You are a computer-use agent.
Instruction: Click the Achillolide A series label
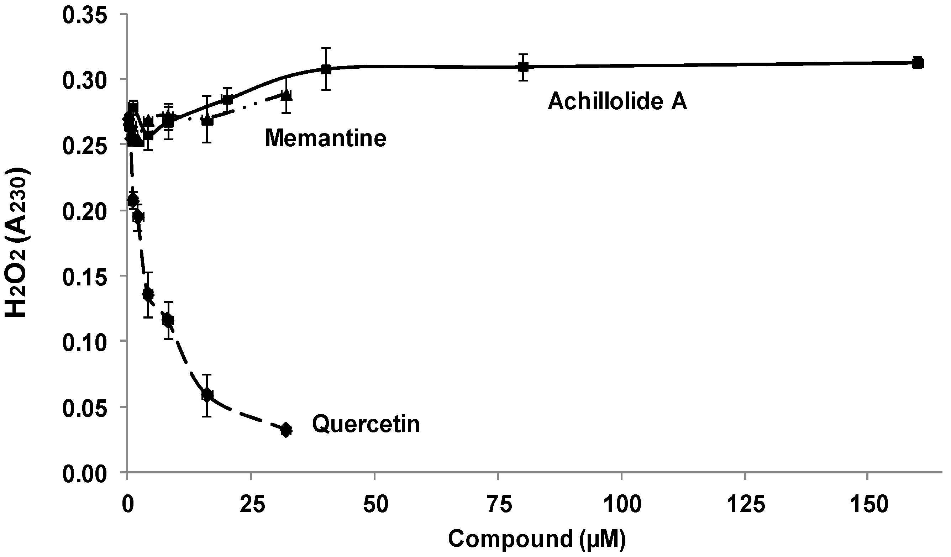click(x=617, y=101)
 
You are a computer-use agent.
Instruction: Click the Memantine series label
click(x=325, y=138)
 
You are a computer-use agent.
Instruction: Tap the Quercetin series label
click(x=366, y=424)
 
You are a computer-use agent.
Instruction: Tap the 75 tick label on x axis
click(x=498, y=505)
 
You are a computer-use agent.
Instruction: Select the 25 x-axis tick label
click(x=251, y=505)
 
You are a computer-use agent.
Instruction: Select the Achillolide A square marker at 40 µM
click(x=326, y=69)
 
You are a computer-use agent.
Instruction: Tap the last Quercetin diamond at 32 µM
click(x=286, y=430)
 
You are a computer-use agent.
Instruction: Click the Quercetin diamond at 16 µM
click(x=207, y=395)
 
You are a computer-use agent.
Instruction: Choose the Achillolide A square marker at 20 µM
click(x=227, y=100)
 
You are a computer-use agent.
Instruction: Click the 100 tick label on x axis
click(x=621, y=505)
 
